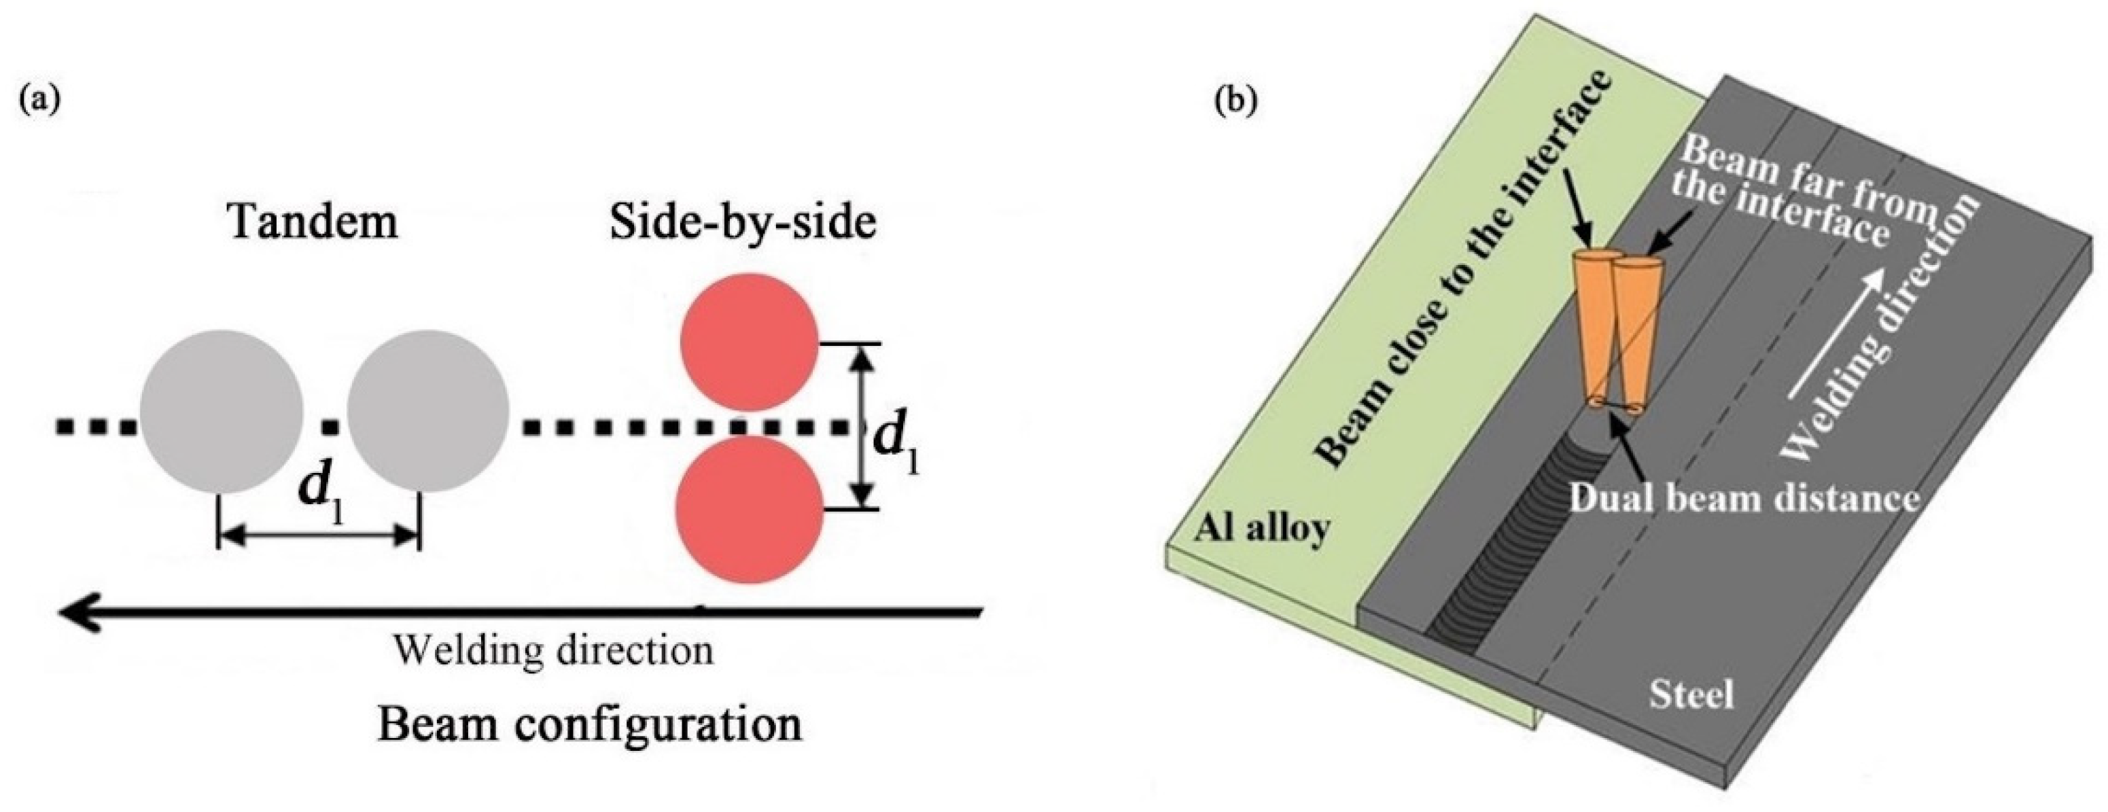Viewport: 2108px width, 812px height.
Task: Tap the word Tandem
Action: pos(313,222)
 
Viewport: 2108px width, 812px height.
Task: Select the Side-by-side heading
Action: pos(743,222)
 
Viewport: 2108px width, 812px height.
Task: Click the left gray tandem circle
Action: pos(221,411)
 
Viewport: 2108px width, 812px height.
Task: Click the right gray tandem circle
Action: pos(428,411)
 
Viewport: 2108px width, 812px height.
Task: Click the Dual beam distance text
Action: pos(1743,497)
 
